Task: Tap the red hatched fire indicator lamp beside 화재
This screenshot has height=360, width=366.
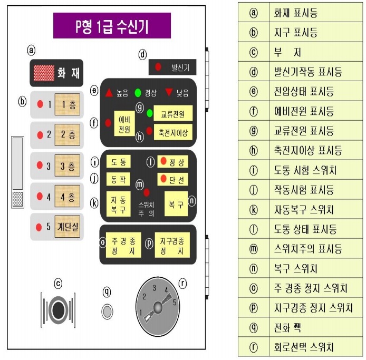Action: (44, 72)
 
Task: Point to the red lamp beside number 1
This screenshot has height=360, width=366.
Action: (39, 104)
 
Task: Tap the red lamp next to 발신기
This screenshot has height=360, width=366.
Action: (158, 67)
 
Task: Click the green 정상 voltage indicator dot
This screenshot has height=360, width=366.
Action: (138, 93)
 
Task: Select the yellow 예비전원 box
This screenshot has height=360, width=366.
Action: (124, 123)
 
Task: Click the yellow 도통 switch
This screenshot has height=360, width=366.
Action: (118, 161)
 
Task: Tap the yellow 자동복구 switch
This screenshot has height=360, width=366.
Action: (118, 202)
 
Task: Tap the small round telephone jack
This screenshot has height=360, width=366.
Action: (107, 312)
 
